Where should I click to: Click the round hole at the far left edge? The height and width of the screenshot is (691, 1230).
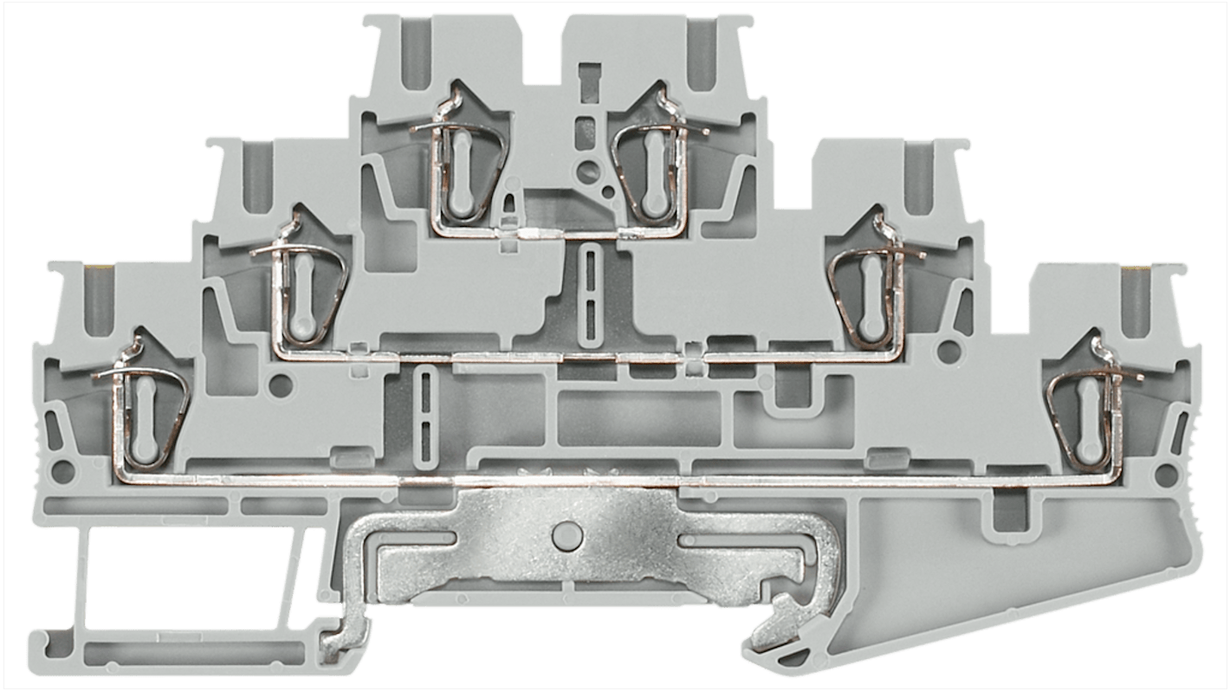point(61,473)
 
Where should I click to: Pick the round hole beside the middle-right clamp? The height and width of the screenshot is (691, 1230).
point(949,351)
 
